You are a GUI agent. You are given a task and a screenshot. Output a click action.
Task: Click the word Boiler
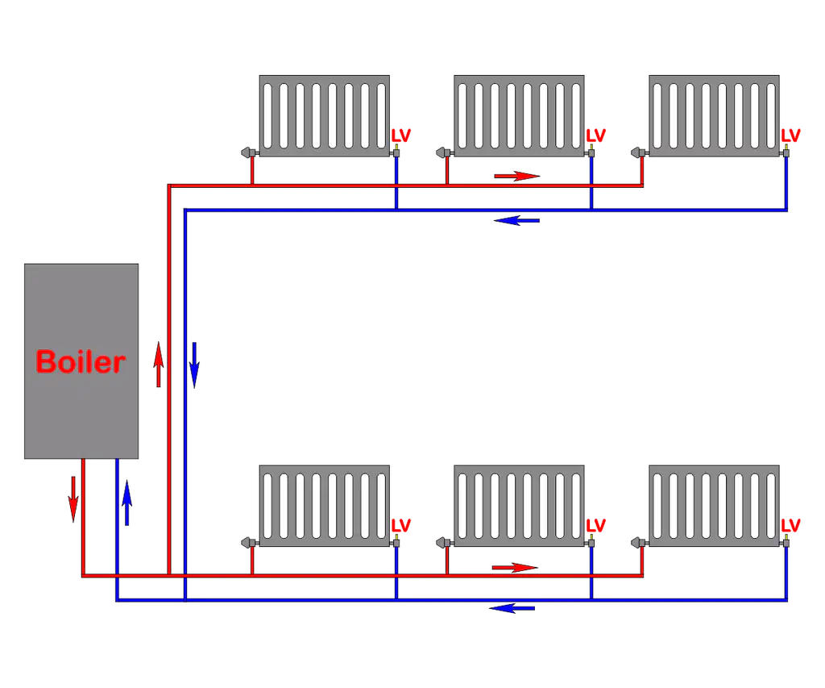[x=81, y=362]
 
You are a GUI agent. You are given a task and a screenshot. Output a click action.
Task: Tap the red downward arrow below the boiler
[x=73, y=499]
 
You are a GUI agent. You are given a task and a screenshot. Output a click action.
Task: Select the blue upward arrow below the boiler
[x=126, y=502]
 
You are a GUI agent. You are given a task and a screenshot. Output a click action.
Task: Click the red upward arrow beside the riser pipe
[x=159, y=364]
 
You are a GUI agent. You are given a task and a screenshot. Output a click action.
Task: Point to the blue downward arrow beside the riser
[x=195, y=365]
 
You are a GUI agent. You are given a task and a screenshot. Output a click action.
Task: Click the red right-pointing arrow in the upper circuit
[x=517, y=176]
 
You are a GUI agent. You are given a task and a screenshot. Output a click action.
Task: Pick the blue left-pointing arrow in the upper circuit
[x=516, y=220]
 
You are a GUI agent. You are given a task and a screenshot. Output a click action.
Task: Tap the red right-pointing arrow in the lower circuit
[x=515, y=567]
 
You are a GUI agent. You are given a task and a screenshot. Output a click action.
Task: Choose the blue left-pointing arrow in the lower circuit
[x=512, y=608]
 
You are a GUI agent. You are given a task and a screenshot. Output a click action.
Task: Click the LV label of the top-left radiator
[x=401, y=136]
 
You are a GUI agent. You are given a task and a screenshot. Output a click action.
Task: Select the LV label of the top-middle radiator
[x=596, y=136]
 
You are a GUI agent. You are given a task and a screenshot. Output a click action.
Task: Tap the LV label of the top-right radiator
[x=791, y=136]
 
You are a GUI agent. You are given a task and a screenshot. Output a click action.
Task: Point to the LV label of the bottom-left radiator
[x=401, y=525]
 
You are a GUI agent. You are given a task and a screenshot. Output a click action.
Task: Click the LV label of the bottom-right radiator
[x=791, y=525]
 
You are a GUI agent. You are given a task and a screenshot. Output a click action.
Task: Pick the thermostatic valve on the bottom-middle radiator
[x=445, y=543]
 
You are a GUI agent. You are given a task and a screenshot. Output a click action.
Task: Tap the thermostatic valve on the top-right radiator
[x=639, y=152]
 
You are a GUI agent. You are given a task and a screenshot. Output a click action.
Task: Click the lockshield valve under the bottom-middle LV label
[x=591, y=541]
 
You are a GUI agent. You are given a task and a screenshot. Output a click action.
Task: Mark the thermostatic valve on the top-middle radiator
[x=445, y=152]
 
